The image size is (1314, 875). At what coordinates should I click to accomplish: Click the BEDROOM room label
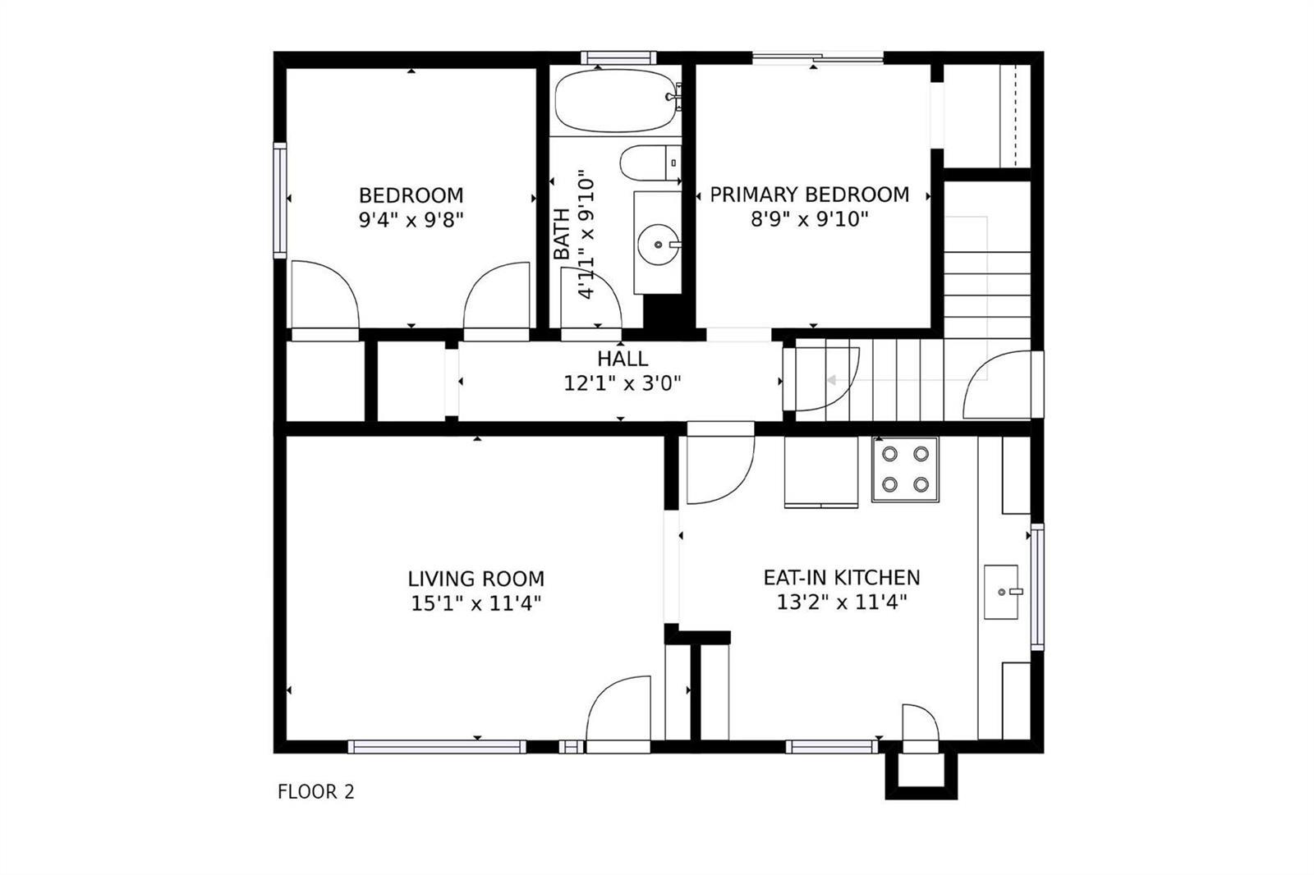411,195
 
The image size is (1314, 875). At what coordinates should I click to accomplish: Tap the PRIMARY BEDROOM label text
810,194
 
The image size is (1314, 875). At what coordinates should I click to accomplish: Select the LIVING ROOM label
476,579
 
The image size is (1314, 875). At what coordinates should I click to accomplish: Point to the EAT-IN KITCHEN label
842,578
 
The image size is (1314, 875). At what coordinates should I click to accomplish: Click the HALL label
623,359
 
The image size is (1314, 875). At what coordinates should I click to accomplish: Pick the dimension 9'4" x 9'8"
411,220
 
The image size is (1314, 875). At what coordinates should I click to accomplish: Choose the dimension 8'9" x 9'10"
810,218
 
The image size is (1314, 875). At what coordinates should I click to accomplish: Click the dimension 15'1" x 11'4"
476,602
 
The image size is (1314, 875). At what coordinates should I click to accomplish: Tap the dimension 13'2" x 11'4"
842,602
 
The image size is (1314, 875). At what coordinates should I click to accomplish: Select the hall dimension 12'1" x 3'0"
623,383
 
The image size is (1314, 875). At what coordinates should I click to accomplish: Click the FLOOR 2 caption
315,792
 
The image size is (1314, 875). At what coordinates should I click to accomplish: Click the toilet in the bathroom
650,163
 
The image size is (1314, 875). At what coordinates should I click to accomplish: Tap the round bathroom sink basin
658,245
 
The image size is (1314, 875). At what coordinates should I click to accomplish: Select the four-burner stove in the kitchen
905,470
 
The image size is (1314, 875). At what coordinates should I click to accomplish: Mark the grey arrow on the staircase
831,380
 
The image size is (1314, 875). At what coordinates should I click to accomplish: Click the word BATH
562,233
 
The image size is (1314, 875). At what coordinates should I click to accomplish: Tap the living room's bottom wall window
437,747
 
